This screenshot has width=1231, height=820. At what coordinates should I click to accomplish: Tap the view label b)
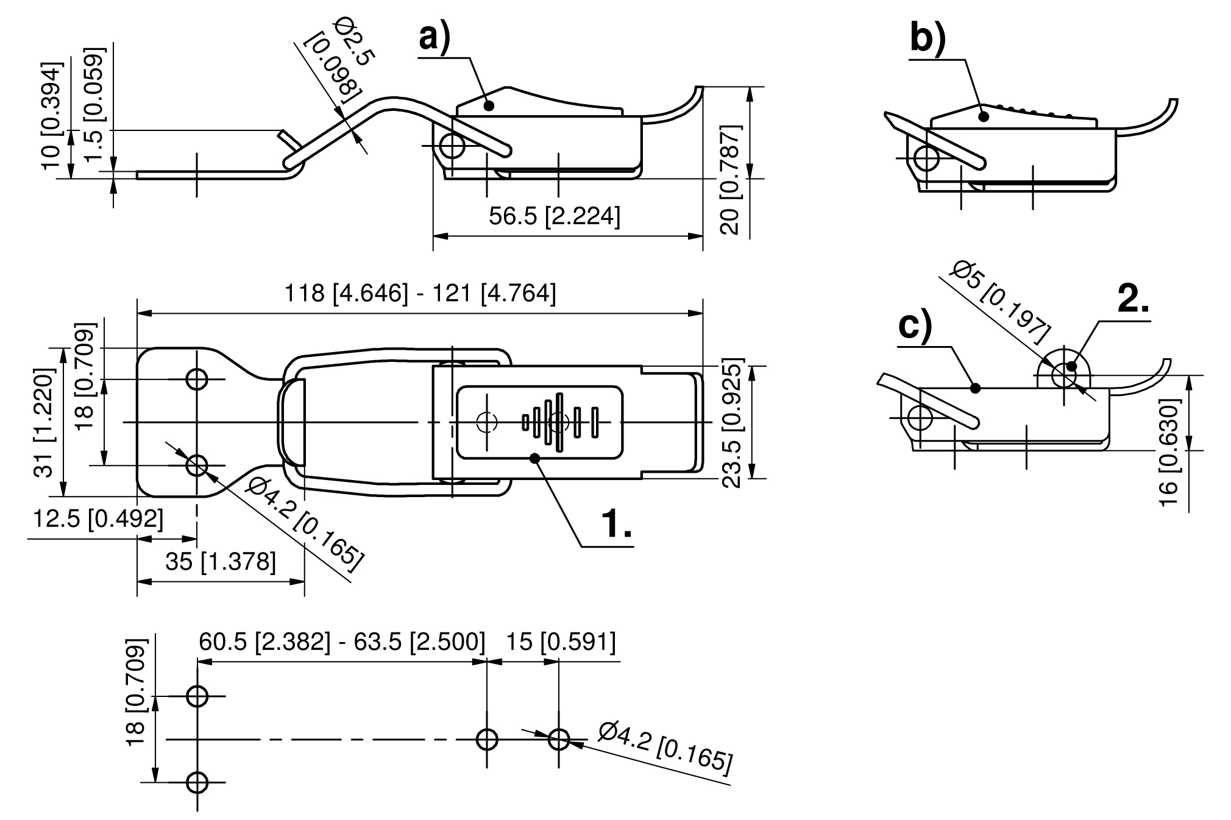click(x=927, y=38)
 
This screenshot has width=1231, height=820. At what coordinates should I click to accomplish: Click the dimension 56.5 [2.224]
click(x=555, y=216)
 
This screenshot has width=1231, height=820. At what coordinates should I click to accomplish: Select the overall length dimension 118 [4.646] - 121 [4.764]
click(x=420, y=294)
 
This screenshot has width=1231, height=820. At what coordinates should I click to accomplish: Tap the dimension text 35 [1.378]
click(x=221, y=561)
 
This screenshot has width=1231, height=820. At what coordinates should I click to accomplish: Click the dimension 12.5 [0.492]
click(x=98, y=519)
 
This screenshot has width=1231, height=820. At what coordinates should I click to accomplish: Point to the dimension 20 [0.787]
click(x=730, y=179)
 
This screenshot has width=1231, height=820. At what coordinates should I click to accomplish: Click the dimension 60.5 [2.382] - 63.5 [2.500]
click(x=342, y=642)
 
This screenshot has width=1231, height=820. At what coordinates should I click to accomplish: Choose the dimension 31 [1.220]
click(x=46, y=423)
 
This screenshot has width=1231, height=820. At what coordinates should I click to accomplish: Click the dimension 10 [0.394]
click(x=52, y=115)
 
